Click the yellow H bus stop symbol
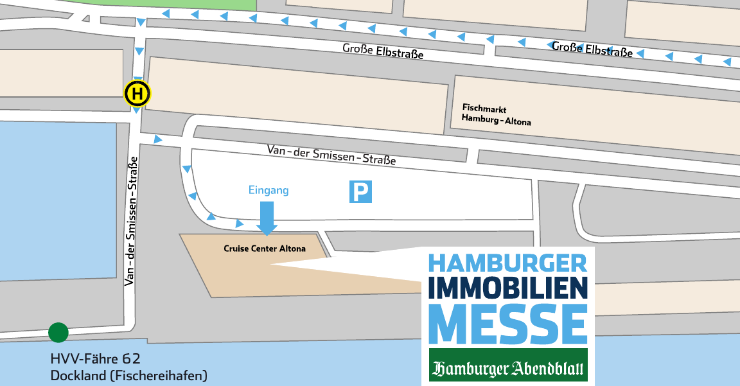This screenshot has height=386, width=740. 137,94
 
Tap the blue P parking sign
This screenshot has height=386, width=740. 360,191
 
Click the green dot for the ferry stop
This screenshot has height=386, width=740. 58,333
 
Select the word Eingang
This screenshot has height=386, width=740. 269,190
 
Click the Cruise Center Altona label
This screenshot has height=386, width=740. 265,249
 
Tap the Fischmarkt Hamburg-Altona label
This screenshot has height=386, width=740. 497,114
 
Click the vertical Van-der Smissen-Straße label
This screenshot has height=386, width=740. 132,220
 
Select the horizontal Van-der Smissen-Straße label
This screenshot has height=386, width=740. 331,154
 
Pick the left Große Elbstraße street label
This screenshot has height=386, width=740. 383,51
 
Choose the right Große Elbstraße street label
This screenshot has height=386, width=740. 592,49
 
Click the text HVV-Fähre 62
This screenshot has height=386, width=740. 95,359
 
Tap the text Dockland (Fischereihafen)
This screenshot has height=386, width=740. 129,375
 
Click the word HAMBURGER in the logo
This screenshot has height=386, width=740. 507,263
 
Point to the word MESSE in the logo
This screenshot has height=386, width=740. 507,324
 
